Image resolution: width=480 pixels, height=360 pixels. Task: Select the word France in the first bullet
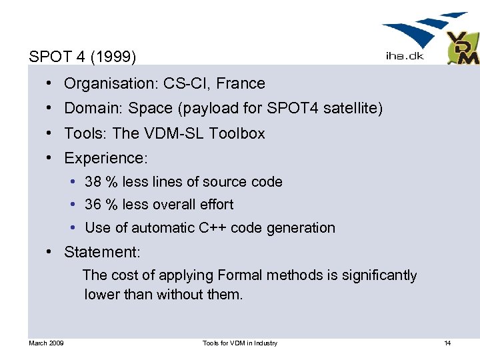242,83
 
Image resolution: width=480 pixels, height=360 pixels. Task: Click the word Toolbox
237,133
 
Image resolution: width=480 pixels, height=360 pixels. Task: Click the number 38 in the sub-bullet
93,182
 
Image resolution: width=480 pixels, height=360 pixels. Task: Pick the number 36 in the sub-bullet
93,205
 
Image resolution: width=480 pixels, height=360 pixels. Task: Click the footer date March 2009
46,343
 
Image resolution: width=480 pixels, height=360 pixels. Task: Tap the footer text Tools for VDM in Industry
239,343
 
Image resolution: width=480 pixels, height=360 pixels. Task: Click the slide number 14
447,343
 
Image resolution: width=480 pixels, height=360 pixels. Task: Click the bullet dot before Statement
50,252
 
